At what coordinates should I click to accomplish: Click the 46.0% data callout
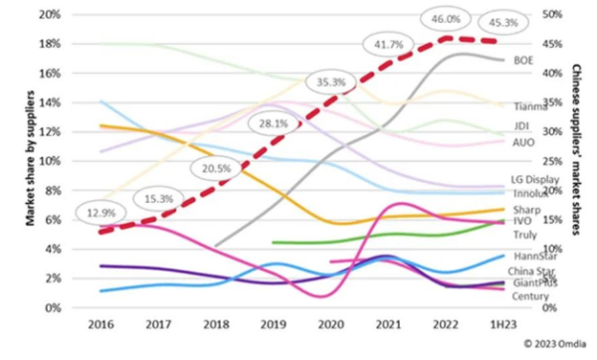[x=445, y=19]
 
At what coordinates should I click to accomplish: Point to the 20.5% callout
[x=209, y=169]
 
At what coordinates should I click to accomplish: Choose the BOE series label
[x=523, y=61]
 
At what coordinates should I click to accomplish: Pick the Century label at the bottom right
[x=529, y=296]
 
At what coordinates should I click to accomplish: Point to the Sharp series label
[x=525, y=210]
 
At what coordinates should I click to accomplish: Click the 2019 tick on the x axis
[x=273, y=324]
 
